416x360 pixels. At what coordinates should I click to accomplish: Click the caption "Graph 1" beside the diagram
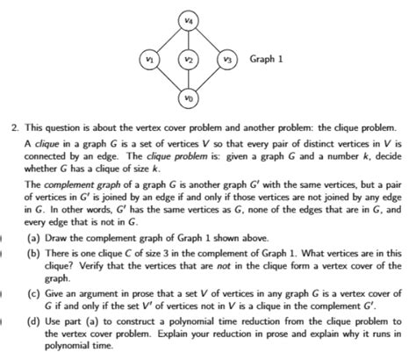pos(267,60)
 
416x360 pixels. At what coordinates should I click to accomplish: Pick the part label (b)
pos(32,253)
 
